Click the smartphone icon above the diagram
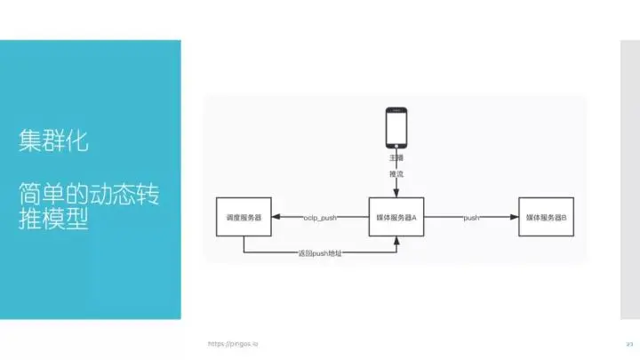(x=396, y=130)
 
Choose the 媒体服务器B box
(x=547, y=218)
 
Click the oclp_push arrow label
(x=319, y=218)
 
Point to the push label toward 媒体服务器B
(x=472, y=218)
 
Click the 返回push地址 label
(x=320, y=254)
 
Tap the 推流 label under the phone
(x=396, y=174)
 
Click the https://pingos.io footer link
(x=233, y=343)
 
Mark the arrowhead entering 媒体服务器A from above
(x=396, y=196)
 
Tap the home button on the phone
(x=396, y=148)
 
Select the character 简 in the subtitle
(x=30, y=194)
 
